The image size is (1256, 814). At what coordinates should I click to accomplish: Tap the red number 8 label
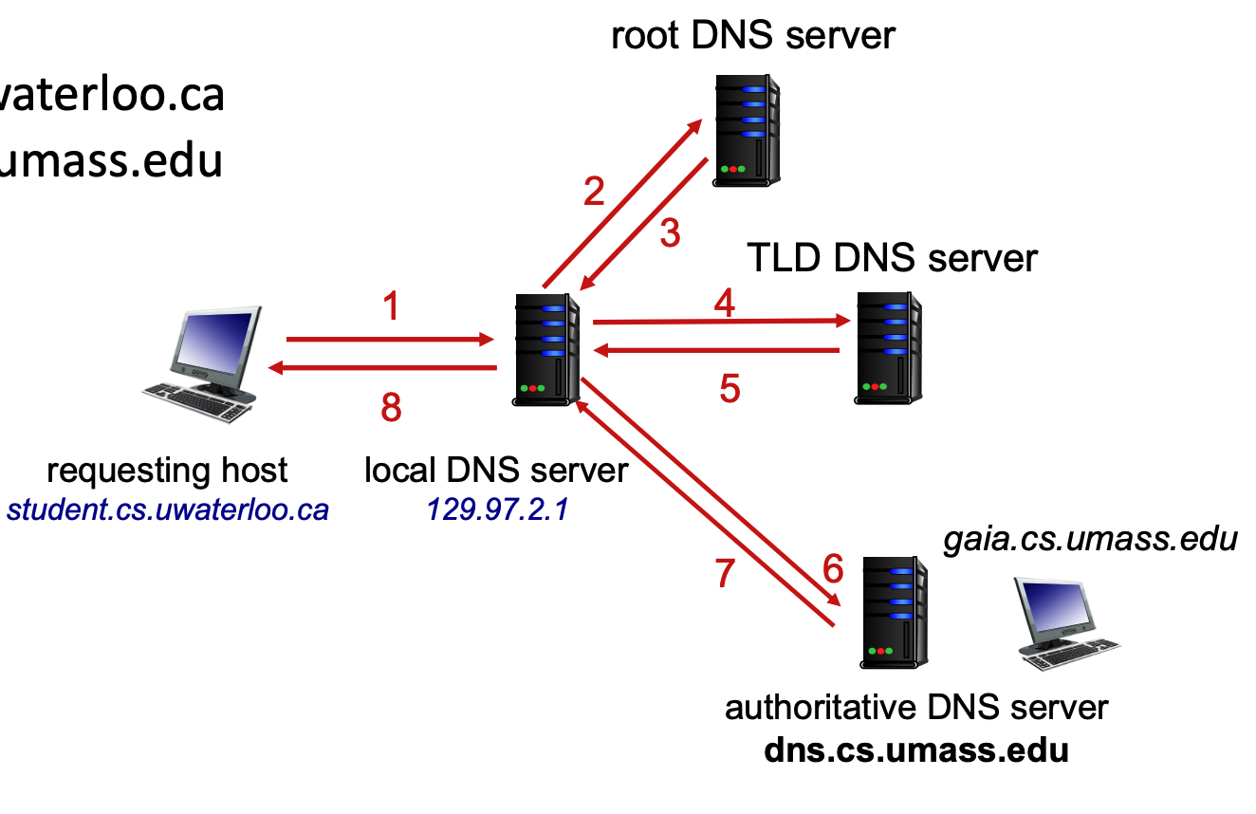point(391,408)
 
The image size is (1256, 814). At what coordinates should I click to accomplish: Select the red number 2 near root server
point(594,192)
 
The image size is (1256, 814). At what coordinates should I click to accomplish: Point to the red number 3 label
point(670,232)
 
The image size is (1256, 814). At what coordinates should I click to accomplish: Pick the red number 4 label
point(725,303)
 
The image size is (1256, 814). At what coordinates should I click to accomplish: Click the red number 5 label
point(729,388)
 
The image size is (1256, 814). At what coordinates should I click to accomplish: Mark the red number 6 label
point(832,568)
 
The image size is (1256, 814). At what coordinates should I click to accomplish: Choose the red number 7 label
point(725,573)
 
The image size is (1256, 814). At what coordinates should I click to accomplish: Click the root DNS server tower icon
point(747,129)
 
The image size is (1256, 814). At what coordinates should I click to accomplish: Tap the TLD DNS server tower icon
point(889,347)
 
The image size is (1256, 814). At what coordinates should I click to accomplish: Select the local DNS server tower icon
point(547,349)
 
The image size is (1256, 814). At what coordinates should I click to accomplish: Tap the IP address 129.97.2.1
point(497,509)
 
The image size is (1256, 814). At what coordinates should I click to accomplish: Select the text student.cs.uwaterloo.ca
point(168,510)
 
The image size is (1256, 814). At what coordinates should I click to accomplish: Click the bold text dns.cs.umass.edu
point(916,749)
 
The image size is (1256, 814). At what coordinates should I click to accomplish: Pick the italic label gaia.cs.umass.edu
point(1090,539)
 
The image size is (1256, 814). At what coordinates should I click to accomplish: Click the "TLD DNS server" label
point(892,257)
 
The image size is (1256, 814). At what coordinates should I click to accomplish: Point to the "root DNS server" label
point(752,35)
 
